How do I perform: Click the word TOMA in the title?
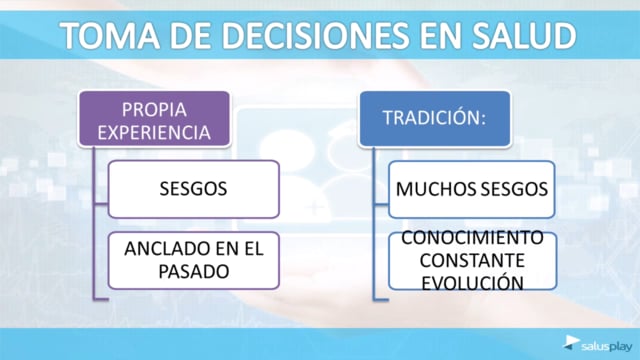111,35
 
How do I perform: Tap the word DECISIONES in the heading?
316,35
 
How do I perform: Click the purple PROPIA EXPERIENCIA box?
154,119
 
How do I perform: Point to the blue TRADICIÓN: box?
435,119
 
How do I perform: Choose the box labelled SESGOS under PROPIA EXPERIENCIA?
193,189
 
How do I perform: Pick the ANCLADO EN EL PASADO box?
193,260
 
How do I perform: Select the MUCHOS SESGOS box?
471,189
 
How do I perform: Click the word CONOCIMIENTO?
472,238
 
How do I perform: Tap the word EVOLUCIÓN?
472,283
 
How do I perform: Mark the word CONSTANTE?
472,260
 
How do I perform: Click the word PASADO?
193,272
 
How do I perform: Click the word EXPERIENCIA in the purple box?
154,133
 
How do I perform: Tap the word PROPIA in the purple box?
154,110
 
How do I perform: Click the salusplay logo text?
606,347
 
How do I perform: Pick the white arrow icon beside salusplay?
571,342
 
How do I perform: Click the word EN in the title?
440,35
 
